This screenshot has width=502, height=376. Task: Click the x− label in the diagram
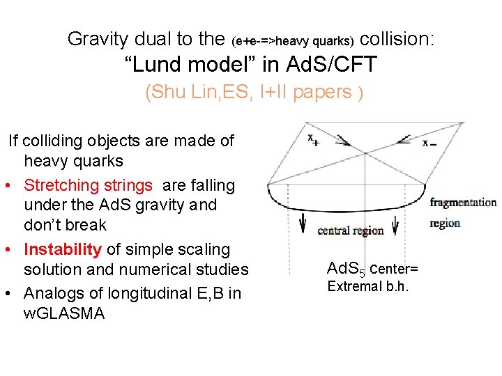click(429, 143)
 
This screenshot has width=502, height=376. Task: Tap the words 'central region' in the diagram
click(350, 230)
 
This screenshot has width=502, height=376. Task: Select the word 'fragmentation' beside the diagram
click(463, 203)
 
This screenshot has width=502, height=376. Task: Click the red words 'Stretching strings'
click(88, 185)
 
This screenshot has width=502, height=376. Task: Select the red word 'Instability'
click(63, 249)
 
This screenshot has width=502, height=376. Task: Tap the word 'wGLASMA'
click(63, 313)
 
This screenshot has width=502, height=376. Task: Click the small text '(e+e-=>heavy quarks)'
click(293, 41)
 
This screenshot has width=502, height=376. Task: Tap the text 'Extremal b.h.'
click(367, 286)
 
